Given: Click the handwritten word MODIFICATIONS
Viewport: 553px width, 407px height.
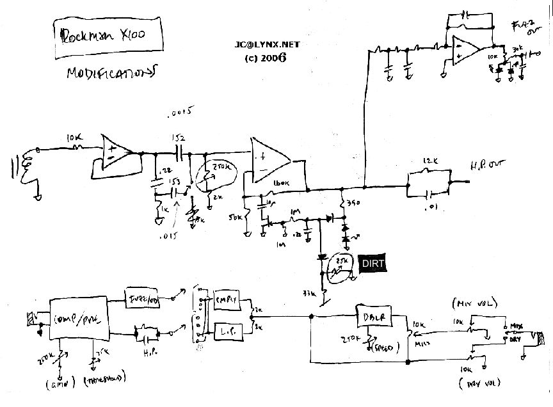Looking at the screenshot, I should pos(111,73).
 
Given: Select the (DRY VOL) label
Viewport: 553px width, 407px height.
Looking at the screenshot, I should pos(474,385).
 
